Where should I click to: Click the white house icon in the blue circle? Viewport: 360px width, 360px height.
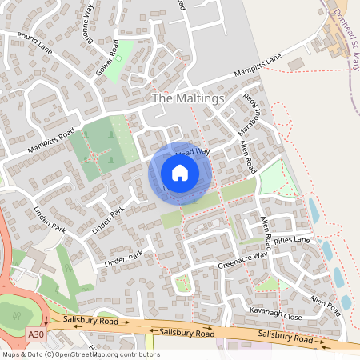[x=180, y=173]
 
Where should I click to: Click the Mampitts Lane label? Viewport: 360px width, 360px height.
[x=258, y=67]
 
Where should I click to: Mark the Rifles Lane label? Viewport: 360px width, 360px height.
[x=290, y=240]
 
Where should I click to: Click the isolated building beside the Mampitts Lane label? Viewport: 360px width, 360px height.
[x=297, y=63]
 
